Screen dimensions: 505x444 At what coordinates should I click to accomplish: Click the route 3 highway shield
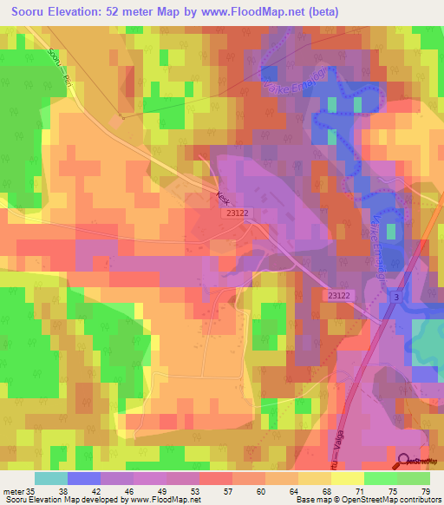[x=397, y=298]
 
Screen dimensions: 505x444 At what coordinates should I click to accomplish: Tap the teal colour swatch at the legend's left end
[x=50, y=478]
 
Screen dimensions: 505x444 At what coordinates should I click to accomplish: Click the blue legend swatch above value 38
[x=83, y=478]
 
